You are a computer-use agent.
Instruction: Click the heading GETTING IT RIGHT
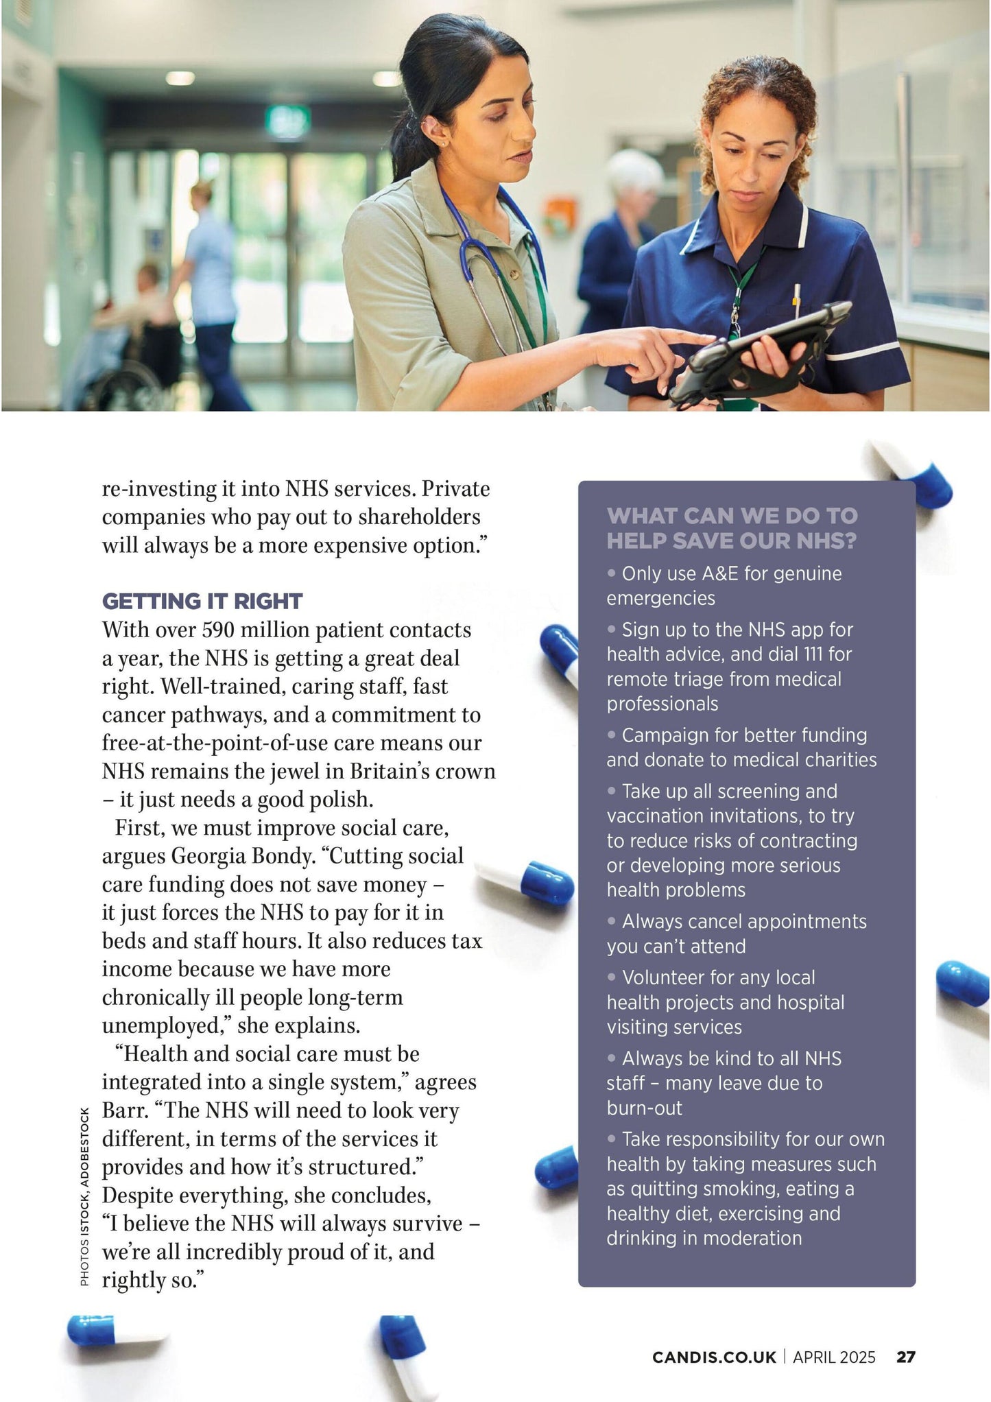(202, 602)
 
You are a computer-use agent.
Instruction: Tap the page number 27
(905, 1357)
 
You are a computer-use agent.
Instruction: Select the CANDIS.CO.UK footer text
(714, 1357)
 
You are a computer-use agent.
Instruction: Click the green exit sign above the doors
(288, 120)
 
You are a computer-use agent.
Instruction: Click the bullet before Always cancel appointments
(612, 921)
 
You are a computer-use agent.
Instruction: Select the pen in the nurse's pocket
(797, 295)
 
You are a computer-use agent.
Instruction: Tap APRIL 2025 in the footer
(834, 1357)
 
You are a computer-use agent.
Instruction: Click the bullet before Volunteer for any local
(612, 977)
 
